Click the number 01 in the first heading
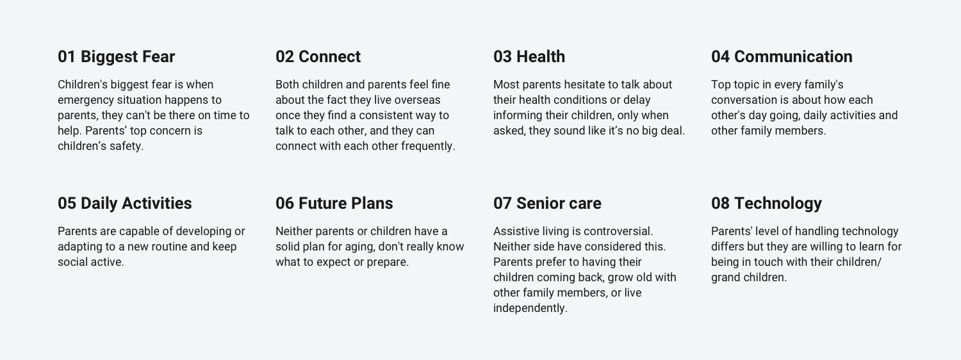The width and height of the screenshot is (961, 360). (67, 56)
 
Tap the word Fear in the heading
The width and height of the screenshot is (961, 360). (159, 56)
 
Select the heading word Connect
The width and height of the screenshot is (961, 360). (329, 56)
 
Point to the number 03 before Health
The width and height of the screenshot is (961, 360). (502, 56)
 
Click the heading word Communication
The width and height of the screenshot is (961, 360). (793, 56)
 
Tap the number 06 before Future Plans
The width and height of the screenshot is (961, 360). (284, 204)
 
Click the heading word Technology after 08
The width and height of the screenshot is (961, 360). (778, 204)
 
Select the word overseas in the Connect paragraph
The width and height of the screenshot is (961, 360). (418, 100)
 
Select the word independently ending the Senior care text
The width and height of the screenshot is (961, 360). (530, 309)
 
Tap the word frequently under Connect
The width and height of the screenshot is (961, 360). (428, 147)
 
